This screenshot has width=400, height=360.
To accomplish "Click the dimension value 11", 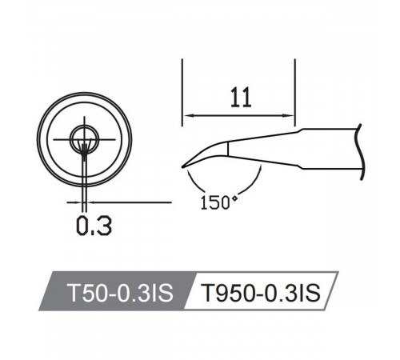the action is click(241, 98).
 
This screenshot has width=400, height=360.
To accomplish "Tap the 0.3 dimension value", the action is click(94, 226).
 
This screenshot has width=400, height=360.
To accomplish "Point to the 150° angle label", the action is click(219, 202).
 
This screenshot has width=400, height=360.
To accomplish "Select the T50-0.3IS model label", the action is click(120, 293).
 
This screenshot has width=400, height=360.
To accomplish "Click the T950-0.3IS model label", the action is click(260, 293).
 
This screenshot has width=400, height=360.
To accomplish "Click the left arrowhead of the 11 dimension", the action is click(189, 115).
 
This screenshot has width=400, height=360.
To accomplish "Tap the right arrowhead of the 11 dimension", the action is click(289, 115).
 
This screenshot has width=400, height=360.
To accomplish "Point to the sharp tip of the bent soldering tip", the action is click(183, 167).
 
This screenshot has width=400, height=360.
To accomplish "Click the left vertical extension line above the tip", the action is click(182, 92).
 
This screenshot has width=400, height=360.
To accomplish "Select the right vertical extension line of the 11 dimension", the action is click(295, 93).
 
